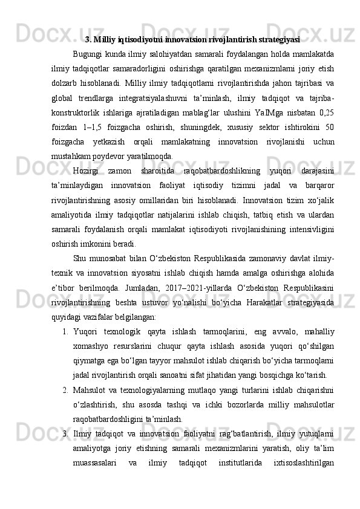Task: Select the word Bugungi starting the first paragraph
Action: pyautogui.click(x=88, y=56)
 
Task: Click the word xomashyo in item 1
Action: pyautogui.click(x=89, y=345)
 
